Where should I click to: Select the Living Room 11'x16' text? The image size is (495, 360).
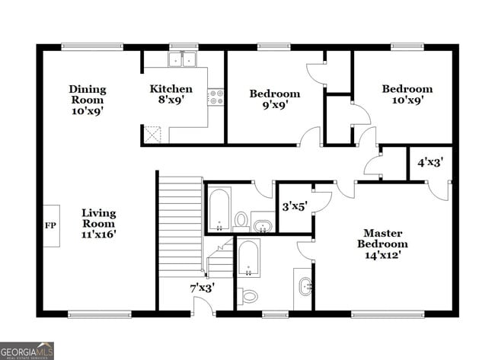98,223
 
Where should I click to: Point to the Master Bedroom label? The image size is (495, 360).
382,244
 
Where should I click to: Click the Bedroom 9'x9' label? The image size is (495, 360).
275,100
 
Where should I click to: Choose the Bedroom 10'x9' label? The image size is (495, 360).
407,94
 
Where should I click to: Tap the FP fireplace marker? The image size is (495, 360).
51,226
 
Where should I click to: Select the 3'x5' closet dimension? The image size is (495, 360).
294,206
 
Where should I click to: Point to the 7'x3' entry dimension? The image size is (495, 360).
202,288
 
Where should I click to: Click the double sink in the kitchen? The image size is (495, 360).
183,59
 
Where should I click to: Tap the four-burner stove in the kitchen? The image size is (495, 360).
216,97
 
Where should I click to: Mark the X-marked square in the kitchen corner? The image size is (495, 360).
155,135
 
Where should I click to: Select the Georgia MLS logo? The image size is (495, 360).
27,350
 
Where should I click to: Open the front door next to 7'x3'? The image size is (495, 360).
203,306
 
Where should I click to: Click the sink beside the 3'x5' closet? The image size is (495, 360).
263,226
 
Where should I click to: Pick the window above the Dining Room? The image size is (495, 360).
92,47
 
